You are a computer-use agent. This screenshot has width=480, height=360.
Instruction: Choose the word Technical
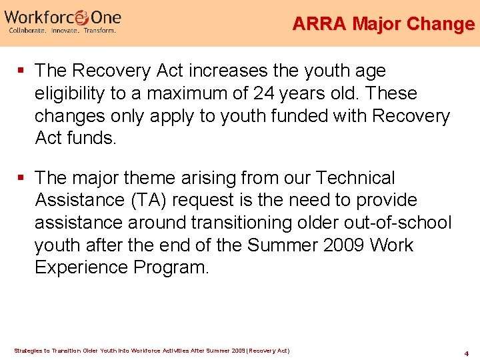coord(355,179)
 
